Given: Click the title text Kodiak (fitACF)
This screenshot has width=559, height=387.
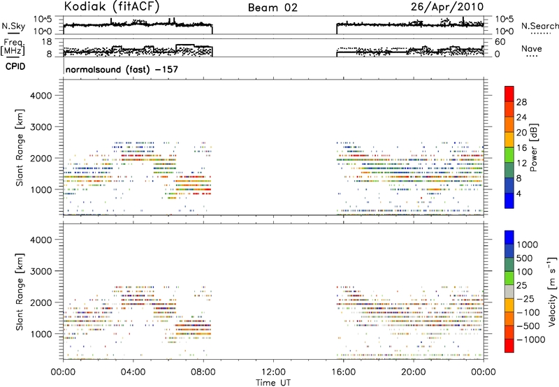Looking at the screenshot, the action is [x=112, y=6].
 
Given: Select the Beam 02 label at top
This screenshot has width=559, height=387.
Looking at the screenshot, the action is [x=273, y=8].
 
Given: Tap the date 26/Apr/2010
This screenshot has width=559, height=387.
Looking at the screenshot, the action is [x=447, y=7].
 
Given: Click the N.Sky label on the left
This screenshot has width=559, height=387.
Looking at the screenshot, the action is [x=13, y=26].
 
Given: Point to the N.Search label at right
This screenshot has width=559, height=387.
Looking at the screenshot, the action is [x=539, y=26].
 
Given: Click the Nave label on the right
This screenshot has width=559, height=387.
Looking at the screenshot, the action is [x=532, y=49].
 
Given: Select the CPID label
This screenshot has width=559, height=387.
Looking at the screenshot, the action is [x=15, y=66].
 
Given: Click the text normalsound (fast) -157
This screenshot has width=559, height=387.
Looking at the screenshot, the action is [x=122, y=69].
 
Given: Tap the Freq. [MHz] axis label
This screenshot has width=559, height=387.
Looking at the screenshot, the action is [x=13, y=47].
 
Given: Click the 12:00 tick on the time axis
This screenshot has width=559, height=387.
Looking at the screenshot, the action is [x=273, y=372].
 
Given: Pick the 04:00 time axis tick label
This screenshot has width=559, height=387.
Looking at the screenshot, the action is [x=133, y=372].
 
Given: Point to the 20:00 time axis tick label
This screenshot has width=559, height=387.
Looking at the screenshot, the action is [x=414, y=372].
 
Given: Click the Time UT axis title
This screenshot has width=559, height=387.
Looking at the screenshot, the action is [x=273, y=383].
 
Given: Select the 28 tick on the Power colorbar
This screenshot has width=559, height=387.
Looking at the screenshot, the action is [x=521, y=102].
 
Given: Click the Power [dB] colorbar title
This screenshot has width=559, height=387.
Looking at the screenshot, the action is [x=534, y=147].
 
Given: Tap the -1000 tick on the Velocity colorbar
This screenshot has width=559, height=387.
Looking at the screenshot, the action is [x=531, y=339].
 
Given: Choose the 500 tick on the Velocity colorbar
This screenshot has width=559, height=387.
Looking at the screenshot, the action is [x=525, y=258].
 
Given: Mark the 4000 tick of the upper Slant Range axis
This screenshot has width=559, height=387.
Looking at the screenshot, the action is [x=41, y=96].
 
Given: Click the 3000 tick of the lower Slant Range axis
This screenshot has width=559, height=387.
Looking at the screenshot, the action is [x=41, y=271].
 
